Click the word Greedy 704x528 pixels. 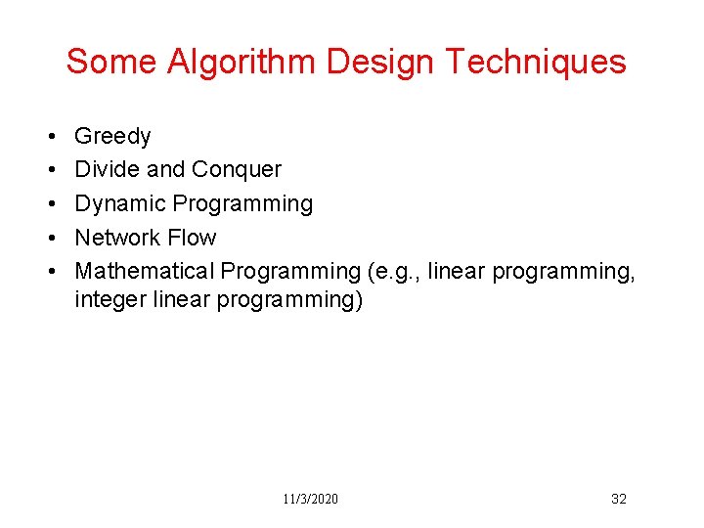(x=112, y=137)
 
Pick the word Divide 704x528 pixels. (x=107, y=170)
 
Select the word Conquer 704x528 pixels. (x=237, y=170)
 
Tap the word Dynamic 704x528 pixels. (x=119, y=203)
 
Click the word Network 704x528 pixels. (x=115, y=238)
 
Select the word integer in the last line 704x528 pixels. (x=110, y=299)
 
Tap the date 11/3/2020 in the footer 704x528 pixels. (x=310, y=499)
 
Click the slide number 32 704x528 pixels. (x=618, y=499)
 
